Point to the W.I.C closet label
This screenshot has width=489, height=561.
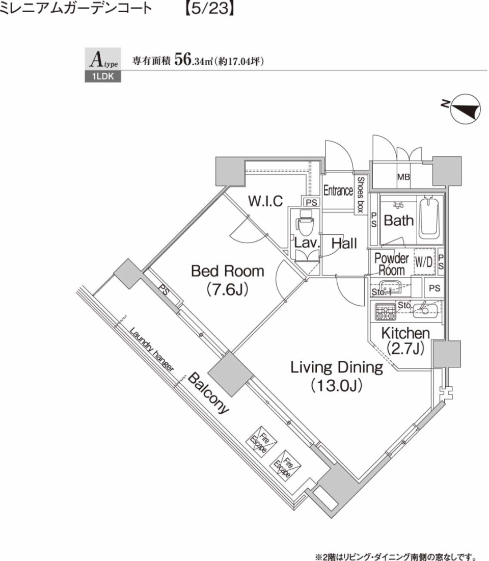pos(265,201)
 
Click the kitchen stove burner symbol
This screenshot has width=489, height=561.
pos(385,311)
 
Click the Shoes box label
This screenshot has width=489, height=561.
pos(360,194)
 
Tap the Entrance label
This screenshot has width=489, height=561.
pos(338,191)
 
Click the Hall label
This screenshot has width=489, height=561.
pos(344,244)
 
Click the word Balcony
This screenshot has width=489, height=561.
pos(209,394)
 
